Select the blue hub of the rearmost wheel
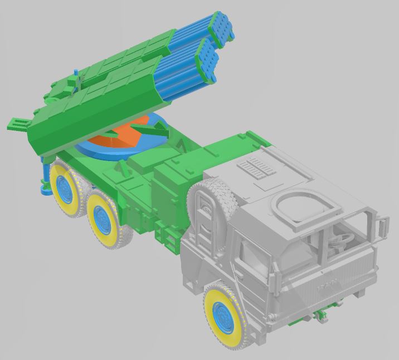pyautogui.click(x=66, y=190)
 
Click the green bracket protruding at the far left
pyautogui.click(x=17, y=124)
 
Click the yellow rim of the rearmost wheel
pyautogui.click(x=56, y=173)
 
